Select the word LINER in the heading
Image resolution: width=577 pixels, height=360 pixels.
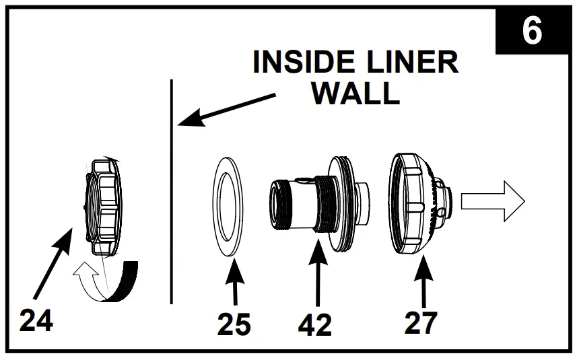pos(413,63)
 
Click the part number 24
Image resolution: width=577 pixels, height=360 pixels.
pos(36,321)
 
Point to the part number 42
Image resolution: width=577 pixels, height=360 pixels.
pos(314,325)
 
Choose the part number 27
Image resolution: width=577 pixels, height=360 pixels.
pos(421,322)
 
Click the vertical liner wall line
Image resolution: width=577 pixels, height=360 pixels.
pos(172,202)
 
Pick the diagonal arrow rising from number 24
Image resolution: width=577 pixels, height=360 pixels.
pos(54,262)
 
